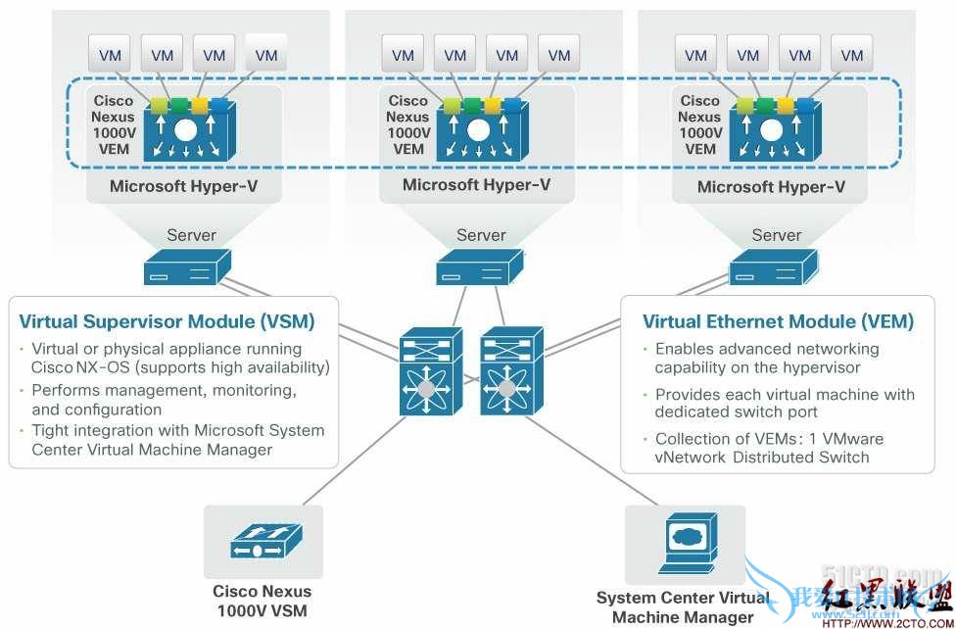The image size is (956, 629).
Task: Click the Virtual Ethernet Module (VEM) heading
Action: (x=778, y=321)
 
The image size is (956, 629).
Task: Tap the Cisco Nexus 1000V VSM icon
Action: (x=262, y=541)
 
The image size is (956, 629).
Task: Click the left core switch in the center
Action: (x=425, y=375)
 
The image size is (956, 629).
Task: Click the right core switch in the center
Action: (x=505, y=375)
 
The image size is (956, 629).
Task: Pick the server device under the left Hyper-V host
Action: (x=187, y=266)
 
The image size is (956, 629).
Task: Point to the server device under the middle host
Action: (x=480, y=266)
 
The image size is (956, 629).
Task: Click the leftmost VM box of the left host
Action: (x=111, y=55)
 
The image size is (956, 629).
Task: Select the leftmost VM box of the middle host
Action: (x=403, y=55)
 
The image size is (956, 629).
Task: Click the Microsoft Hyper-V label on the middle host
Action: (x=476, y=184)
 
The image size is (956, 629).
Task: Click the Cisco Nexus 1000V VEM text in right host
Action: (x=699, y=124)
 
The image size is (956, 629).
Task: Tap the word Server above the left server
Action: (x=191, y=235)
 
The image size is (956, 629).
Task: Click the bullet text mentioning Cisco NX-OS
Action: (x=179, y=359)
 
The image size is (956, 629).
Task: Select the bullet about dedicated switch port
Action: (x=784, y=403)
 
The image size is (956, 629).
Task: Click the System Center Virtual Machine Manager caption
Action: (x=683, y=606)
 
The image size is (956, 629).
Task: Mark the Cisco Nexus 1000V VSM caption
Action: (x=262, y=601)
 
